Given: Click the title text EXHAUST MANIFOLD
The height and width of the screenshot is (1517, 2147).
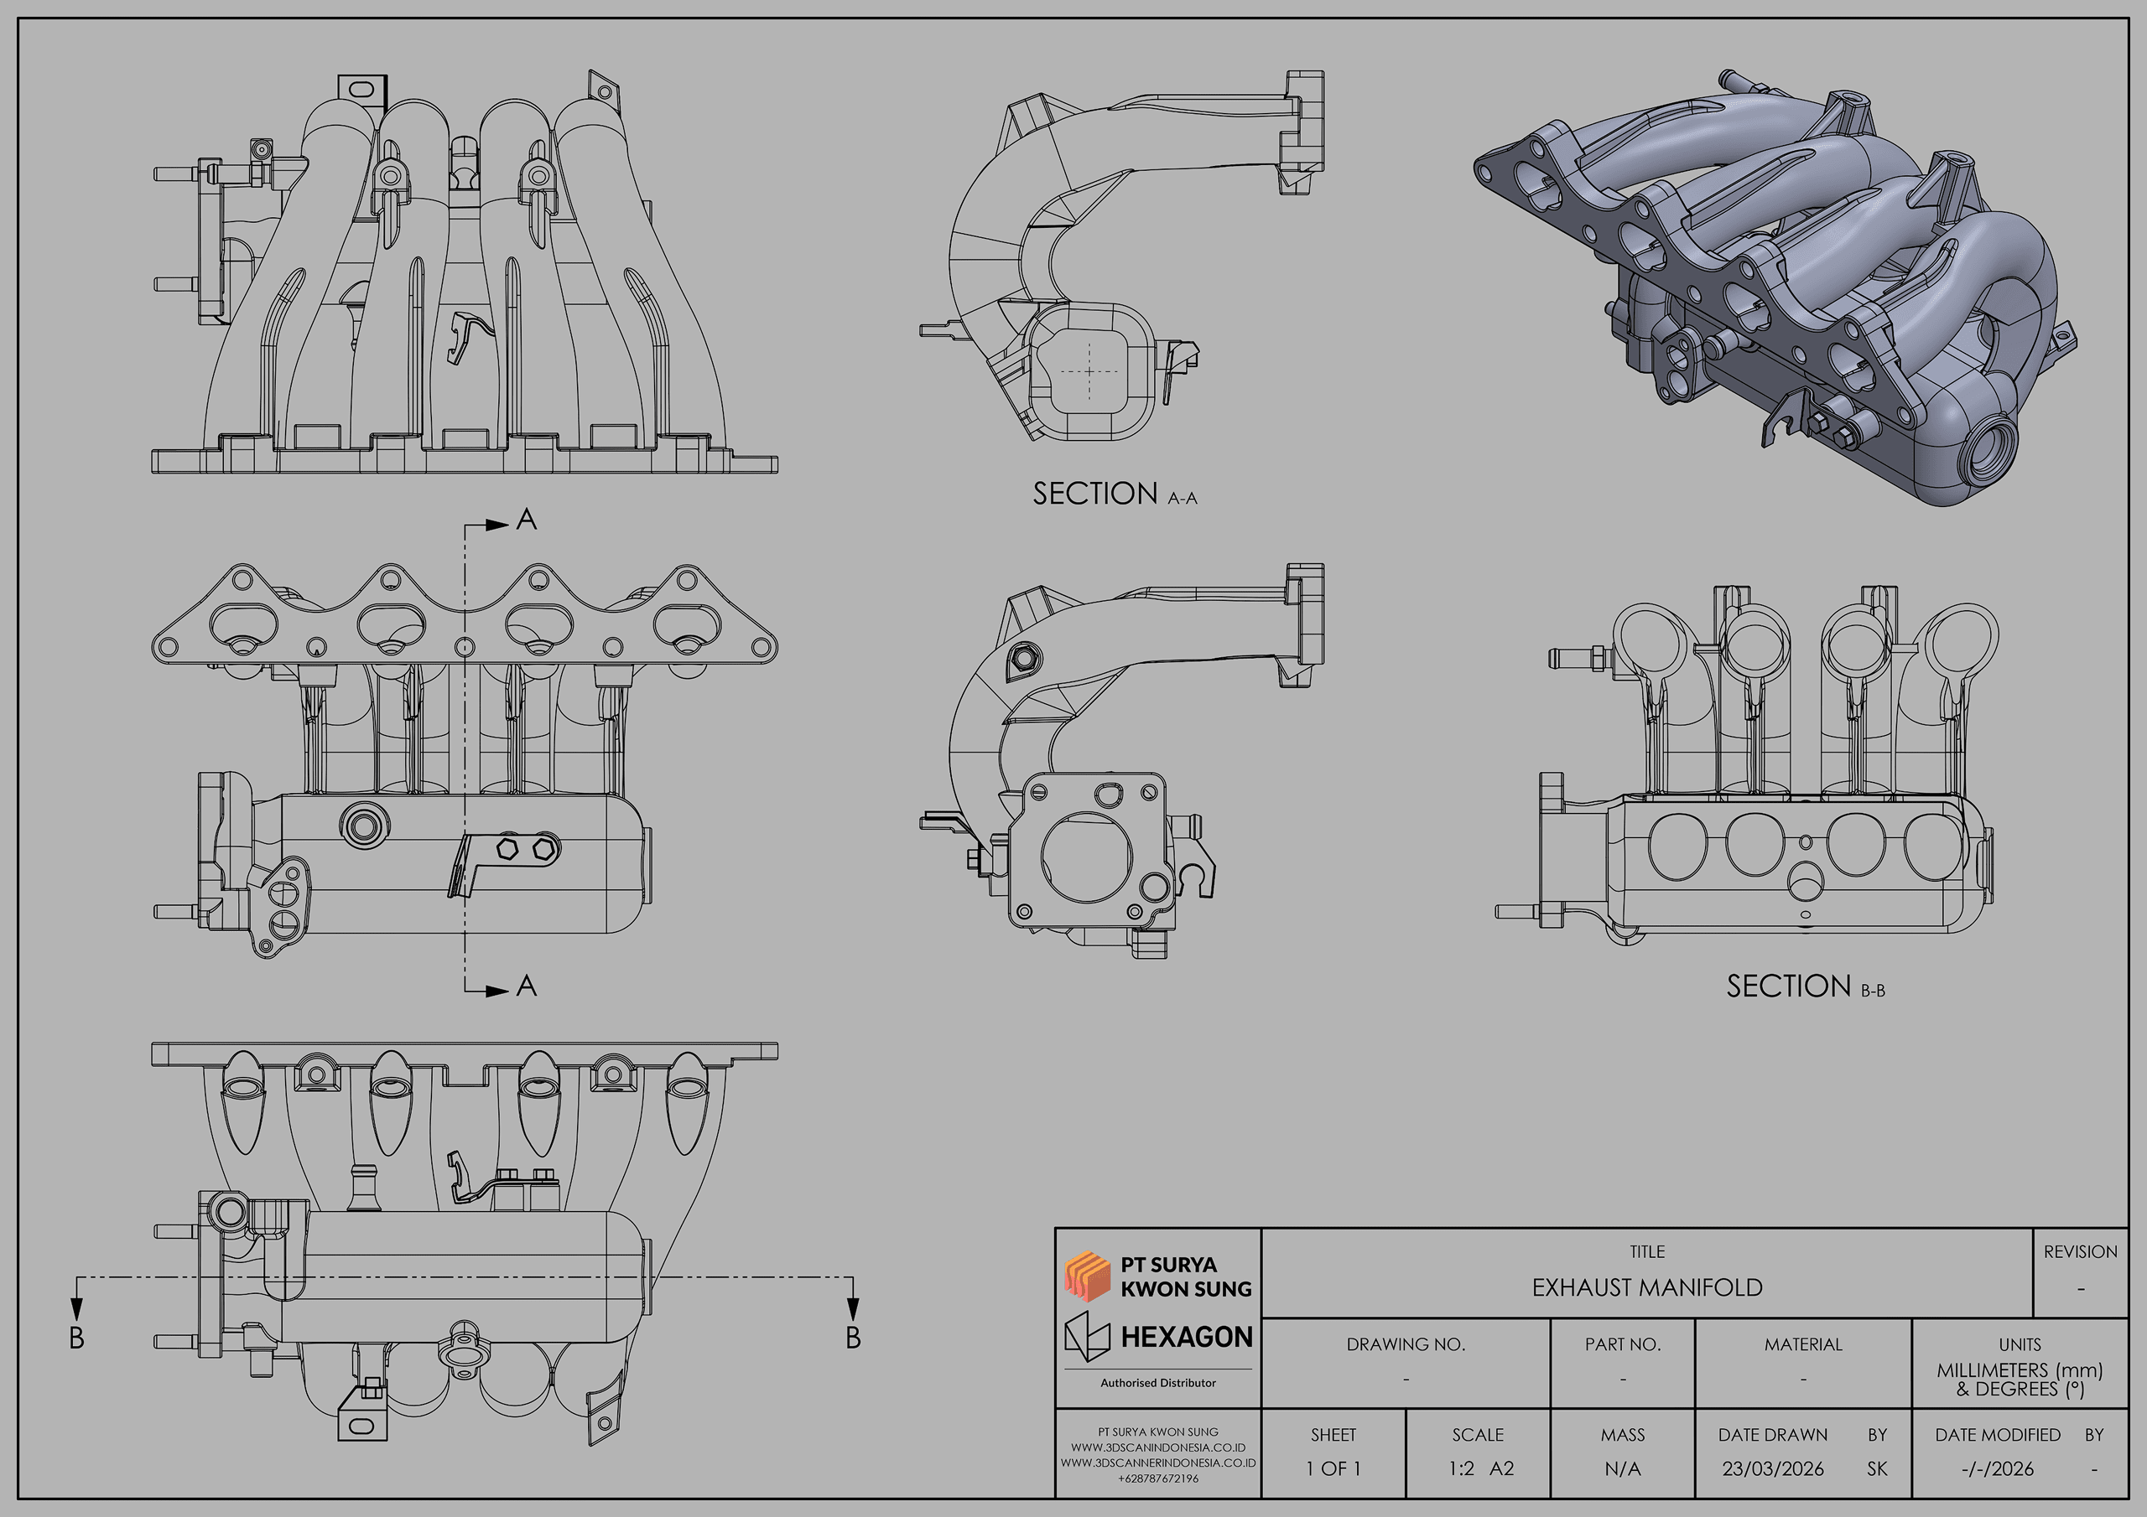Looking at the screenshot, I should click(x=1646, y=1287).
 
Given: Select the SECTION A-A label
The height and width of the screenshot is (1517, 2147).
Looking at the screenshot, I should click(x=1114, y=494).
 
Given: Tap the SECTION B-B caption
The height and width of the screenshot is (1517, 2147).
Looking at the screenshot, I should click(x=1805, y=986).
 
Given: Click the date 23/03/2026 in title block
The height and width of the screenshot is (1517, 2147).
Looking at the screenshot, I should click(x=1772, y=1468).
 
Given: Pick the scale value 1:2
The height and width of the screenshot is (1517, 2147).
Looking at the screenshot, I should click(x=1462, y=1468).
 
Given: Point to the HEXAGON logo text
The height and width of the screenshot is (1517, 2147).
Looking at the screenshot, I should click(x=1186, y=1338).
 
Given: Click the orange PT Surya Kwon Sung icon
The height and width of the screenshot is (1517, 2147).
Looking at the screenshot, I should click(x=1087, y=1276).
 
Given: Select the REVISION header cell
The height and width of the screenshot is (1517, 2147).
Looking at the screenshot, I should click(x=2080, y=1251).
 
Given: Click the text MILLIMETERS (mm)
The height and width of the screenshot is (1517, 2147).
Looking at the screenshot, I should click(x=2019, y=1370).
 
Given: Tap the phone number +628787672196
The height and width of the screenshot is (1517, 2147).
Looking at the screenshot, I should click(x=1157, y=1478).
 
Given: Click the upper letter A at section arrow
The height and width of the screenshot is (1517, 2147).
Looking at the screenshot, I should click(x=527, y=520).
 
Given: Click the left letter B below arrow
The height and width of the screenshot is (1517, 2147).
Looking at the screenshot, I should click(x=76, y=1338).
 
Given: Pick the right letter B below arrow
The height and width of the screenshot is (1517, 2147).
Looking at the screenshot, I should click(x=853, y=1338).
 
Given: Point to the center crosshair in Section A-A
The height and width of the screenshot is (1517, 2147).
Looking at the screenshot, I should click(x=1089, y=371).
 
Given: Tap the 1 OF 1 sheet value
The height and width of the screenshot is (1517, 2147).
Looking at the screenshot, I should click(x=1333, y=1468).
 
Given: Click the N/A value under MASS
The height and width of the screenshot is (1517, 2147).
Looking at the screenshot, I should click(x=1621, y=1468).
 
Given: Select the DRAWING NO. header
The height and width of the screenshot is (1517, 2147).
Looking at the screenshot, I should click(x=1405, y=1344).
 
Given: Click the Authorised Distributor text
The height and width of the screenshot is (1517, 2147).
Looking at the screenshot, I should click(x=1157, y=1382).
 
